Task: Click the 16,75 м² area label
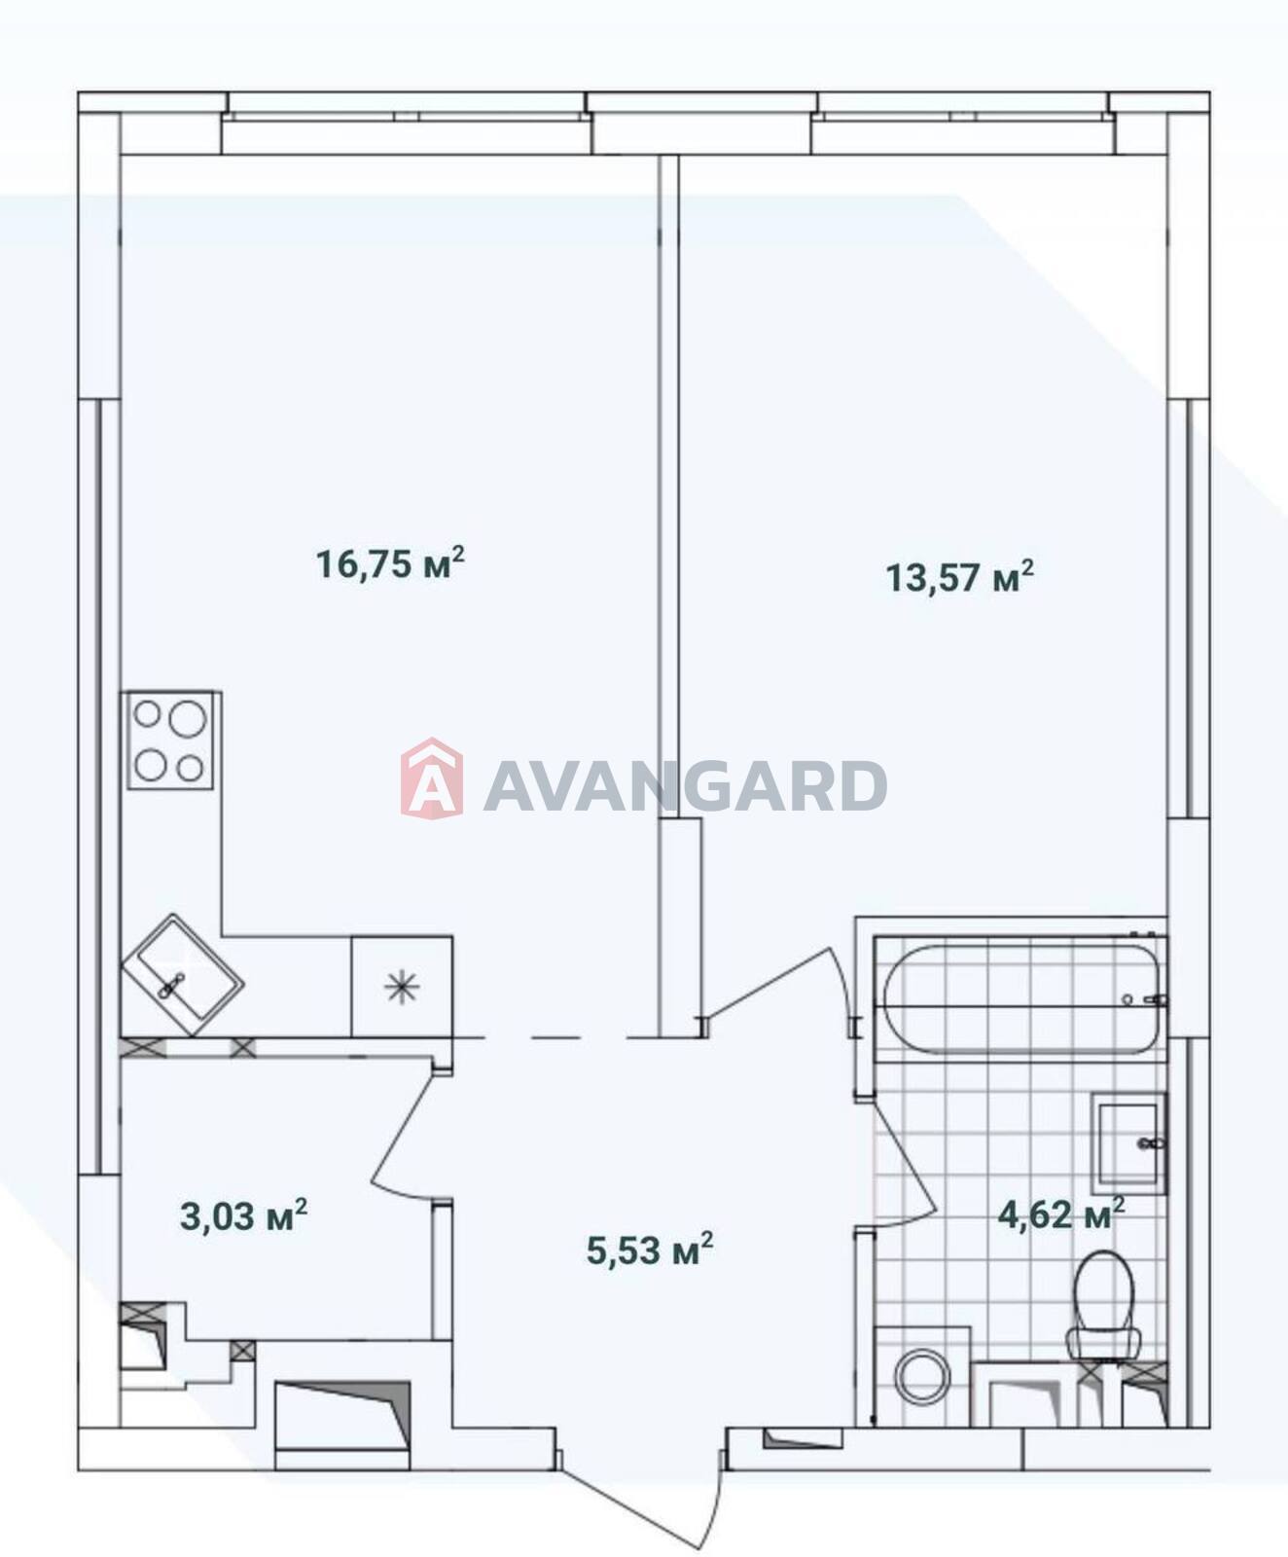(391, 563)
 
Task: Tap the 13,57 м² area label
(959, 577)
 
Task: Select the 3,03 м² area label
(244, 1215)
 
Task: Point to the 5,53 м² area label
(650, 1249)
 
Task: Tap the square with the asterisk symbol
(402, 987)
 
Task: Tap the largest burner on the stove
(187, 719)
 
